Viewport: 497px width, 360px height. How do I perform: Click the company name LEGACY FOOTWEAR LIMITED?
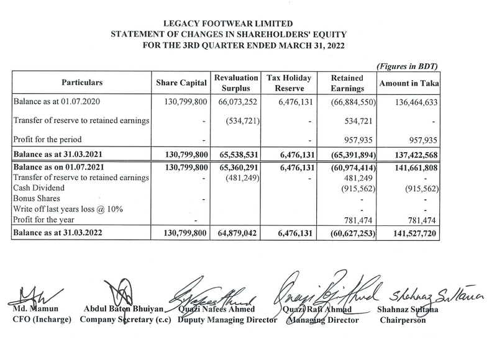248,20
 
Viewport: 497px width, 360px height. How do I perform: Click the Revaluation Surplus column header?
235,83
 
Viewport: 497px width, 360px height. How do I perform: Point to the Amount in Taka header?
405,83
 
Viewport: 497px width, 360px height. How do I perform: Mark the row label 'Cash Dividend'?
42,188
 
